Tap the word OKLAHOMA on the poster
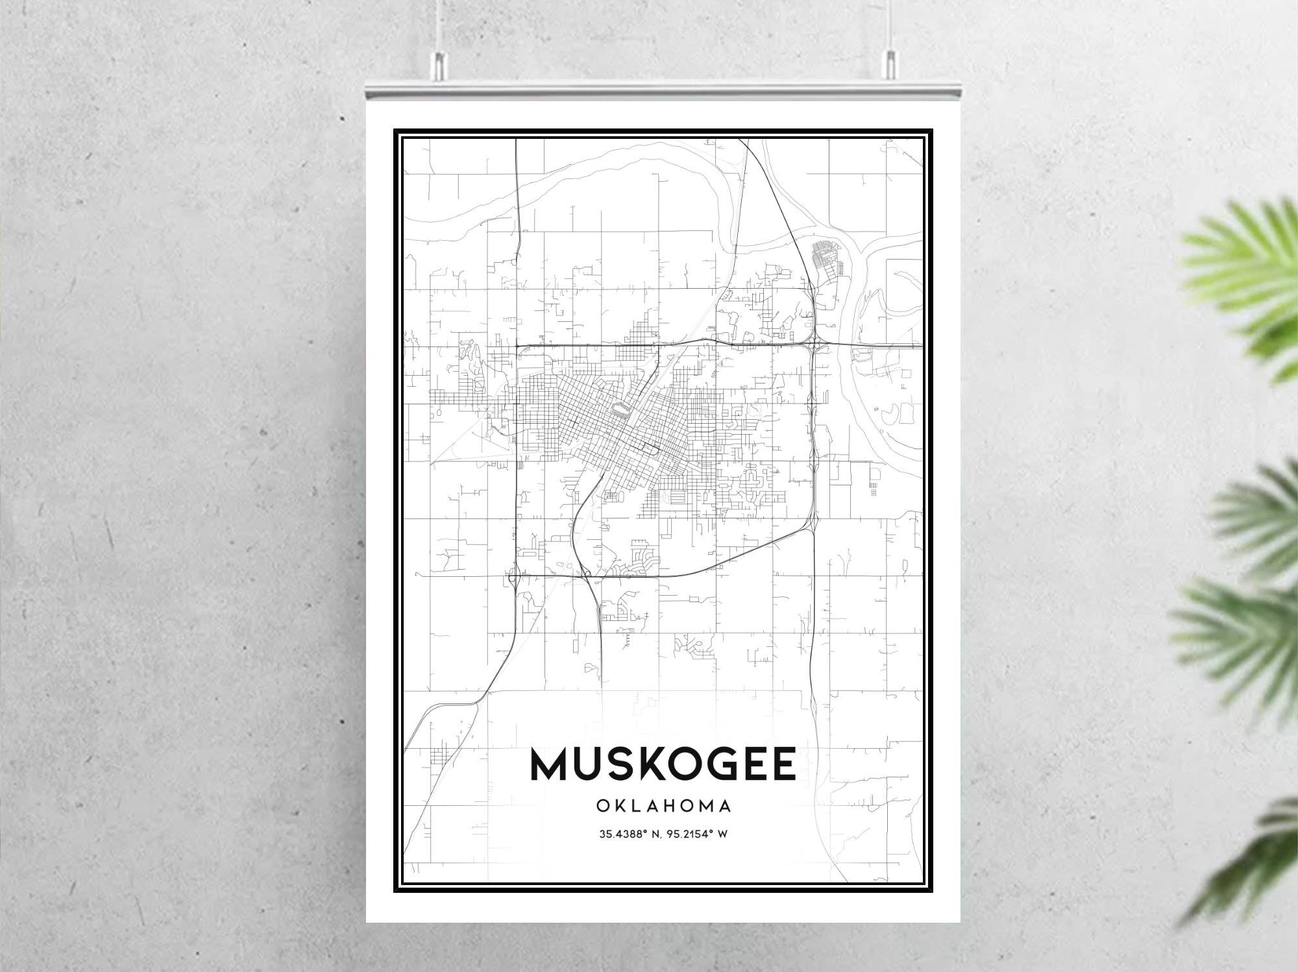tap(663, 806)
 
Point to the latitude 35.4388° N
tap(628, 834)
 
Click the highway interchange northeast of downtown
tap(813, 343)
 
